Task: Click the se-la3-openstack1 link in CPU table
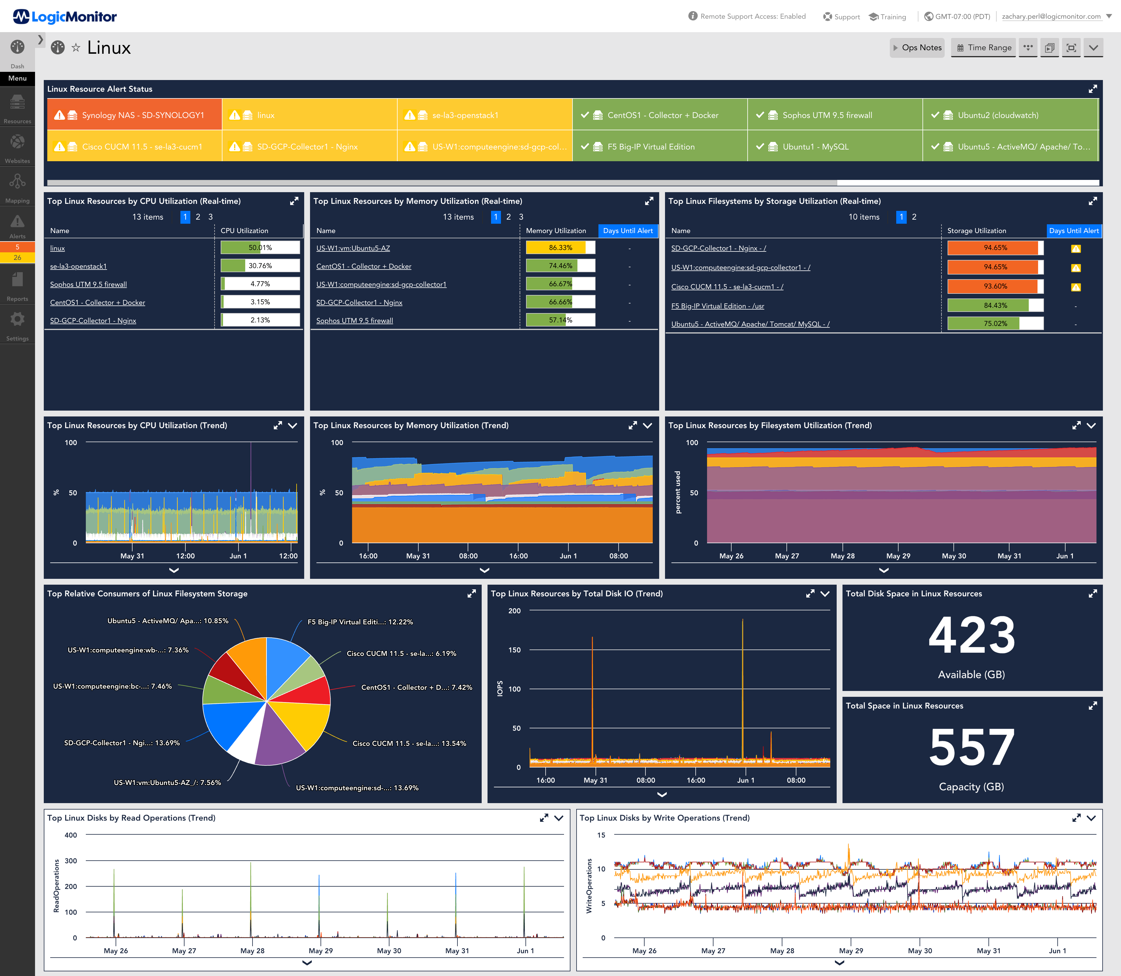[79, 266]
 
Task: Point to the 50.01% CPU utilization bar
[260, 248]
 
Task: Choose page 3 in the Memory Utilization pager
[521, 217]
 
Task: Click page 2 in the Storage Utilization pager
[914, 217]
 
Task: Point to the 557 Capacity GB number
[971, 748]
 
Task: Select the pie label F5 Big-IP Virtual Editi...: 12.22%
[360, 622]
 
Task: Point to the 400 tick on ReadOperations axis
[71, 835]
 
